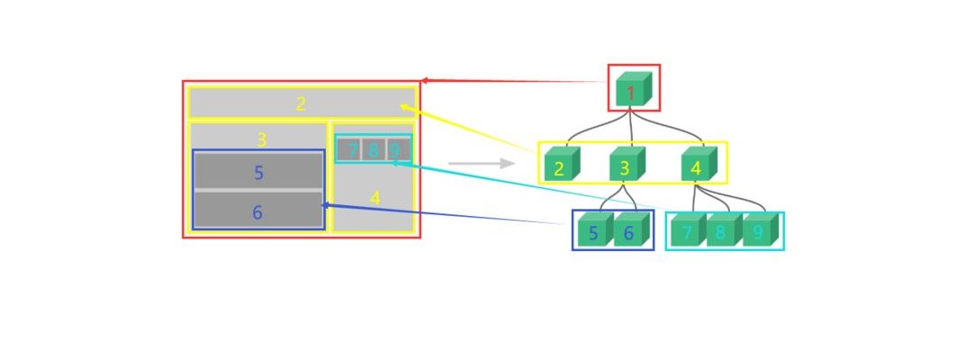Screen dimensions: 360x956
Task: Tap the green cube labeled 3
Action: tap(626, 166)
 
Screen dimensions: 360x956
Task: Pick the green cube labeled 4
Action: tap(698, 166)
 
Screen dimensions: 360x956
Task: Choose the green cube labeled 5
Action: tap(594, 231)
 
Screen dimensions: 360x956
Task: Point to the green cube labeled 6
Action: tap(630, 231)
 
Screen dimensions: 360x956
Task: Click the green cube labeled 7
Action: tap(688, 231)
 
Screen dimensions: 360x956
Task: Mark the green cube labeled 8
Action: tap(722, 231)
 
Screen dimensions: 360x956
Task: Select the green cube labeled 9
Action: tap(759, 231)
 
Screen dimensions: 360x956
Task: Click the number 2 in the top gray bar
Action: tap(301, 103)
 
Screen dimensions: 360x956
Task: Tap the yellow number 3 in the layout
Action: tap(261, 139)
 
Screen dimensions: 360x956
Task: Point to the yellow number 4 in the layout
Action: tap(375, 197)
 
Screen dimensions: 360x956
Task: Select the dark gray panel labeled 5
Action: tap(258, 172)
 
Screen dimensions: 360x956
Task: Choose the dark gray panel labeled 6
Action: tap(258, 211)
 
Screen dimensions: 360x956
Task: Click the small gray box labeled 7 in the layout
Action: tap(350, 149)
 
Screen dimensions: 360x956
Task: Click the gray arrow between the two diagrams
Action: tap(481, 163)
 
